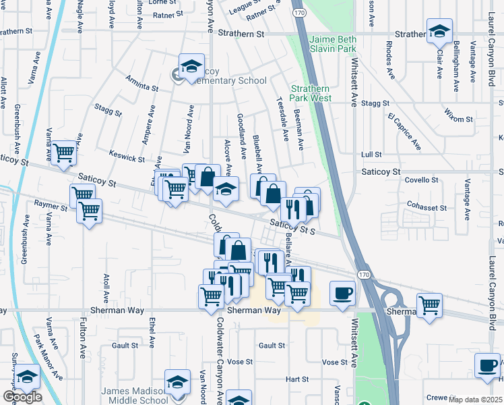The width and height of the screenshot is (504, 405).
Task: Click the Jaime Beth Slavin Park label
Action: (333, 44)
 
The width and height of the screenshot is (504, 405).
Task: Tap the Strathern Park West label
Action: (311, 93)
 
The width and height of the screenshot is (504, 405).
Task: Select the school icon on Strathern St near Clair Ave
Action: (439, 31)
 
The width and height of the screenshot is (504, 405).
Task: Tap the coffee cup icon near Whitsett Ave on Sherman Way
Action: (342, 294)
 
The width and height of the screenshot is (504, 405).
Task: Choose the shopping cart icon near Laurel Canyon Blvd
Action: (429, 305)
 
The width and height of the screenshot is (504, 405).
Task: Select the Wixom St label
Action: (460, 119)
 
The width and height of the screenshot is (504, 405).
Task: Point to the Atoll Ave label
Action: (106, 288)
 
